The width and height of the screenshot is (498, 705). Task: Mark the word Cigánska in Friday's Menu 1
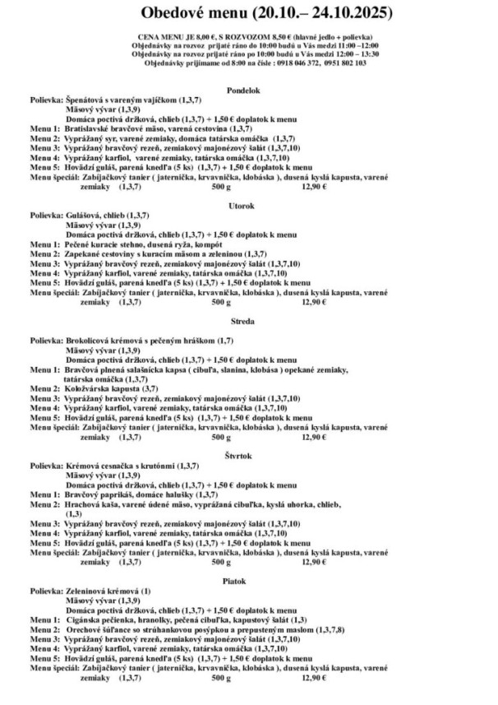click(84, 619)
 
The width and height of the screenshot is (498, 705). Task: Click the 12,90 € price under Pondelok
click(313, 188)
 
